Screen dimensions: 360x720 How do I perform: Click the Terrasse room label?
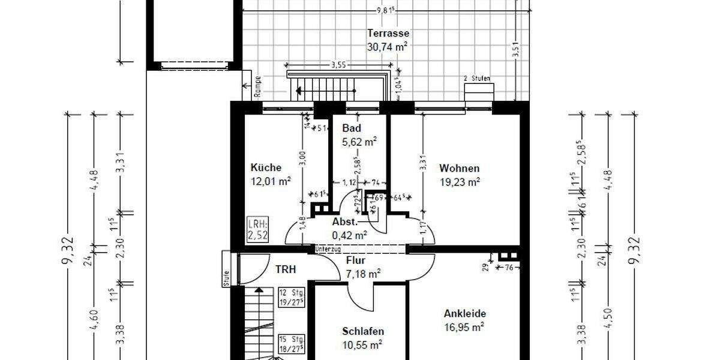pyautogui.click(x=389, y=34)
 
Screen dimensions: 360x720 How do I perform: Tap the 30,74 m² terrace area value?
pyautogui.click(x=387, y=47)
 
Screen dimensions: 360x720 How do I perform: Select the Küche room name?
pyautogui.click(x=266, y=168)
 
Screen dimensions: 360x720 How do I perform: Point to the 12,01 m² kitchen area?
pyautogui.click(x=271, y=181)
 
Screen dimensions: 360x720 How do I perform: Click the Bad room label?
pyautogui.click(x=351, y=128)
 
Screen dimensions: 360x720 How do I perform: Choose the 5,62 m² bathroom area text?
pyautogui.click(x=359, y=142)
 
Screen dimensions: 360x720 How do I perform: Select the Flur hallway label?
pyautogui.click(x=356, y=260)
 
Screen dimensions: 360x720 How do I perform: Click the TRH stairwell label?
pyautogui.click(x=286, y=269)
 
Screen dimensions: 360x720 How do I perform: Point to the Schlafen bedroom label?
pyautogui.click(x=363, y=331)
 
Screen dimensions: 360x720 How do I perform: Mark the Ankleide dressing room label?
pyautogui.click(x=464, y=313)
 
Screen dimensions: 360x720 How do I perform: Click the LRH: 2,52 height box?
pyautogui.click(x=257, y=230)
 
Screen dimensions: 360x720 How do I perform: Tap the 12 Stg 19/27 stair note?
pyautogui.click(x=292, y=298)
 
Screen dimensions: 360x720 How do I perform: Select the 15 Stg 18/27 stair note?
pyautogui.click(x=292, y=344)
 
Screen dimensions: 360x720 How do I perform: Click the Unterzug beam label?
pyautogui.click(x=328, y=248)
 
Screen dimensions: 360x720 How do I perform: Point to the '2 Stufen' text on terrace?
pyautogui.click(x=477, y=79)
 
